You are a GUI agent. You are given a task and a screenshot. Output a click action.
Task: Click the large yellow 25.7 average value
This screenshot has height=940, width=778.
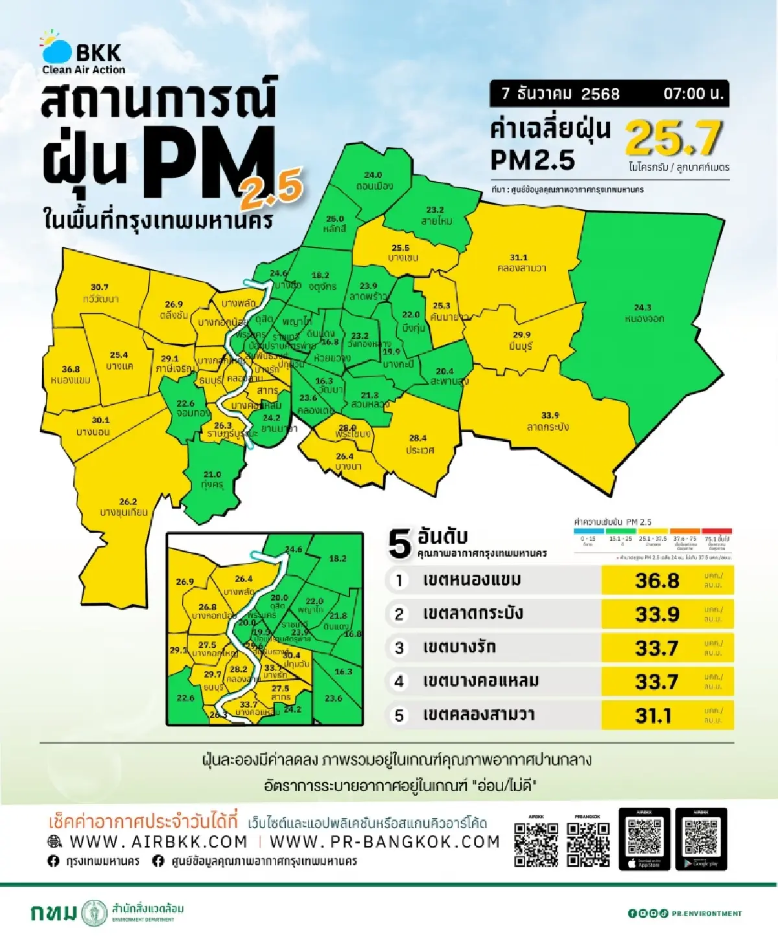[674, 138]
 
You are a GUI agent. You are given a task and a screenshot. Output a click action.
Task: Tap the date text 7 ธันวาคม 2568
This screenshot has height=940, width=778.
[560, 94]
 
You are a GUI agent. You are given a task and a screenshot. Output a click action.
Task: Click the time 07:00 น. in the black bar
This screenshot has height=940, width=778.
[692, 94]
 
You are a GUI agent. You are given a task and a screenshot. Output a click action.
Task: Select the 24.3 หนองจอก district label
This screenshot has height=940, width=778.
[644, 313]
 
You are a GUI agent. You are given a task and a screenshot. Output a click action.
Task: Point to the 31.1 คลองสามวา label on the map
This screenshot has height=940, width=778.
[521, 262]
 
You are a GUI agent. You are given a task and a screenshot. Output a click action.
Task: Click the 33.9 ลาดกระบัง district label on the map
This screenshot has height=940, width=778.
[549, 421]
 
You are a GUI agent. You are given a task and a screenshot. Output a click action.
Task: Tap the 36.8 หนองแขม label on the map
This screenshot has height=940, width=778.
[71, 374]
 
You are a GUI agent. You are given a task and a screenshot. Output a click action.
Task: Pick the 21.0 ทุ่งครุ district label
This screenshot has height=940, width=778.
[212, 479]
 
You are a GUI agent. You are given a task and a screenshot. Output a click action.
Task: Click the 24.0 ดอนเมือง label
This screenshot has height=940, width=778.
[373, 180]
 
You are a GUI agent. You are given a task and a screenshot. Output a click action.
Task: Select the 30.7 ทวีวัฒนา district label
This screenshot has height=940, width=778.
[100, 293]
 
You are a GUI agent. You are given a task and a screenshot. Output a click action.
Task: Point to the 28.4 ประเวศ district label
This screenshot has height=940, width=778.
[419, 444]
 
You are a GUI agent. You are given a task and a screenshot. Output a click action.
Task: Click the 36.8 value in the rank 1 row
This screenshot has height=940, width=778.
[657, 580]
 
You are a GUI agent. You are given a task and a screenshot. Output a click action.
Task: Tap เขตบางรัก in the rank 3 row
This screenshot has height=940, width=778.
[459, 647]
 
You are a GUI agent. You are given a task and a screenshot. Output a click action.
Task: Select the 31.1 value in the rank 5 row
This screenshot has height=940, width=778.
[654, 715]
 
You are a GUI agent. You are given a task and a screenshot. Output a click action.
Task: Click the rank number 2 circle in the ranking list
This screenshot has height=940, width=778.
[399, 614]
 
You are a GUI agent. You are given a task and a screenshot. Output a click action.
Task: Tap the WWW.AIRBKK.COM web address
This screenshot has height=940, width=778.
[158, 842]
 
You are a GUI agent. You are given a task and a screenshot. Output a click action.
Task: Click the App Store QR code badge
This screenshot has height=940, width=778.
[644, 839]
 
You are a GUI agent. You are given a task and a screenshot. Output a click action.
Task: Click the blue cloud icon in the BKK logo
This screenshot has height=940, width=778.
[58, 51]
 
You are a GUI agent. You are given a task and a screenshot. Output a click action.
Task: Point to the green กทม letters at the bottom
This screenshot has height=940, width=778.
[54, 913]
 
